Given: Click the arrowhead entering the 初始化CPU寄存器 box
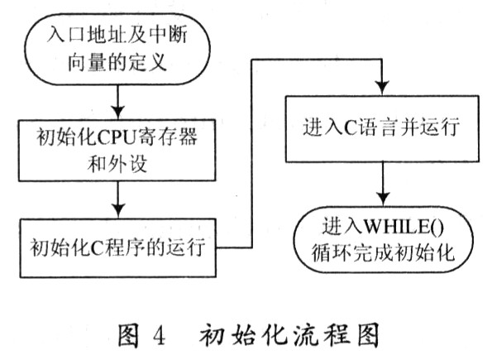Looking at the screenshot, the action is [118, 113].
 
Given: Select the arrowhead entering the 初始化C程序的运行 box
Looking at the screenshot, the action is [118, 211].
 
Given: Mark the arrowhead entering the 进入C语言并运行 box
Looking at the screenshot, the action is [382, 89].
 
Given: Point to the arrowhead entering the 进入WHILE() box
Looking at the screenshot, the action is [383, 199].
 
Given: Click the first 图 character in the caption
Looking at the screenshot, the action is [128, 336].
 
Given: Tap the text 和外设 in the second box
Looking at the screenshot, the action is [117, 164].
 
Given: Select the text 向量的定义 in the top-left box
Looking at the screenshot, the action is [117, 63].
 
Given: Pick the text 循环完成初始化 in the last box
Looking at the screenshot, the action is [383, 252].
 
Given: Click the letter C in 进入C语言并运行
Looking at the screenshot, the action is [350, 128].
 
